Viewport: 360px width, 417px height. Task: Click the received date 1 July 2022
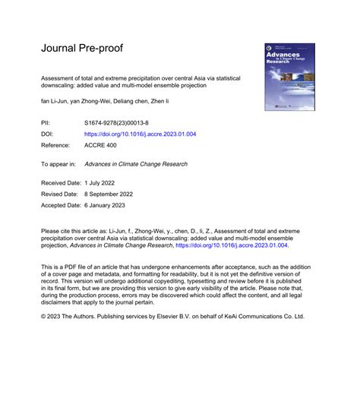[x=98, y=183]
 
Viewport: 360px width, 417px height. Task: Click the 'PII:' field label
[x=46, y=122]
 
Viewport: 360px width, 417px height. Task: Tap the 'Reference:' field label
[x=55, y=144]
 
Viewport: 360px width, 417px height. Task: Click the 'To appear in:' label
[x=58, y=163]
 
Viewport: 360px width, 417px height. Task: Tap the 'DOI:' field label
[x=47, y=133]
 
